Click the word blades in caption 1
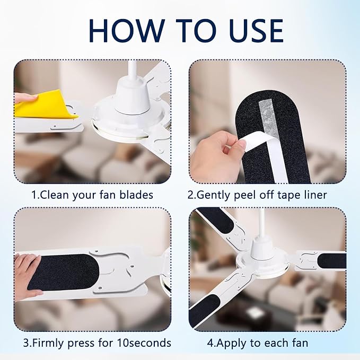pos(135,195)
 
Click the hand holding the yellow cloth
pos(24,97)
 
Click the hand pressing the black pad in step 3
pos(27,270)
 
